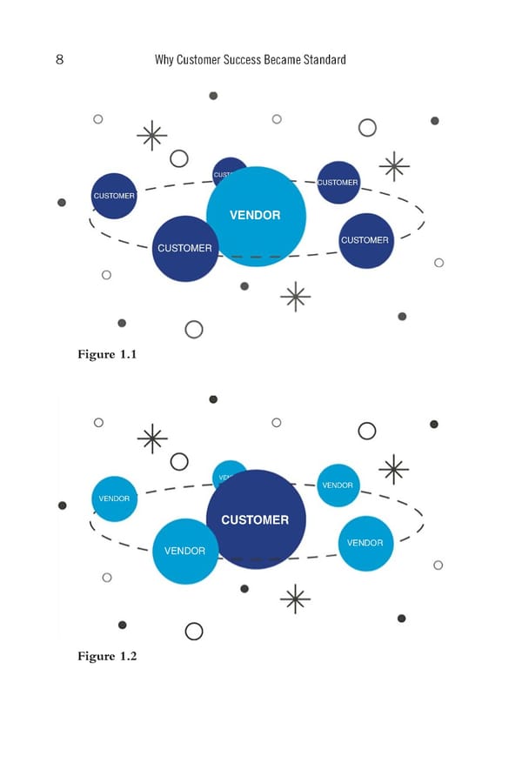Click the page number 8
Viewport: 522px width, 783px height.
pyautogui.click(x=59, y=60)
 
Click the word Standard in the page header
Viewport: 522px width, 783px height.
pyautogui.click(x=321, y=60)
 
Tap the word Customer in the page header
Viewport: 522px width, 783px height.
pyautogui.click(x=197, y=60)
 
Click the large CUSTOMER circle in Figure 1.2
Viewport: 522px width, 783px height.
pyautogui.click(x=256, y=520)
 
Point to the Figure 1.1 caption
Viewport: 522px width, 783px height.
pyautogui.click(x=107, y=354)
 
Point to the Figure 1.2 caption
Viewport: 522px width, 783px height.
pyautogui.click(x=107, y=656)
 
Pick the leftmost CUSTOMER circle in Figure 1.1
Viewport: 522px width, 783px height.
pyautogui.click(x=114, y=196)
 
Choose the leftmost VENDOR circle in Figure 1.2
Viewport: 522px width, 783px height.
pyautogui.click(x=114, y=499)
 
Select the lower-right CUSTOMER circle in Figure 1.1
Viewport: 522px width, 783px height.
pyautogui.click(x=365, y=241)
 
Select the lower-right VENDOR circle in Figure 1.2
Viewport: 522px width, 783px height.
pyautogui.click(x=365, y=544)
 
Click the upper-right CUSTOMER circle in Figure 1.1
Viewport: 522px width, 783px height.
pyautogui.click(x=338, y=183)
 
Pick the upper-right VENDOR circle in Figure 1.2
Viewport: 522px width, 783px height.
pyautogui.click(x=338, y=485)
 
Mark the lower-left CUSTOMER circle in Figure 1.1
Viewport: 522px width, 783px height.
pyautogui.click(x=184, y=249)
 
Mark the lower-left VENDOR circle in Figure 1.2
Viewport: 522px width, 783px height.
pyautogui.click(x=184, y=552)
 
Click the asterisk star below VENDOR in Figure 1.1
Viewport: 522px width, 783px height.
pyautogui.click(x=296, y=297)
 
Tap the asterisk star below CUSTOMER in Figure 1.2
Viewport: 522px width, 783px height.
pyautogui.click(x=296, y=599)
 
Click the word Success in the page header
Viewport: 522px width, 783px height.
pyautogui.click(x=240, y=60)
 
